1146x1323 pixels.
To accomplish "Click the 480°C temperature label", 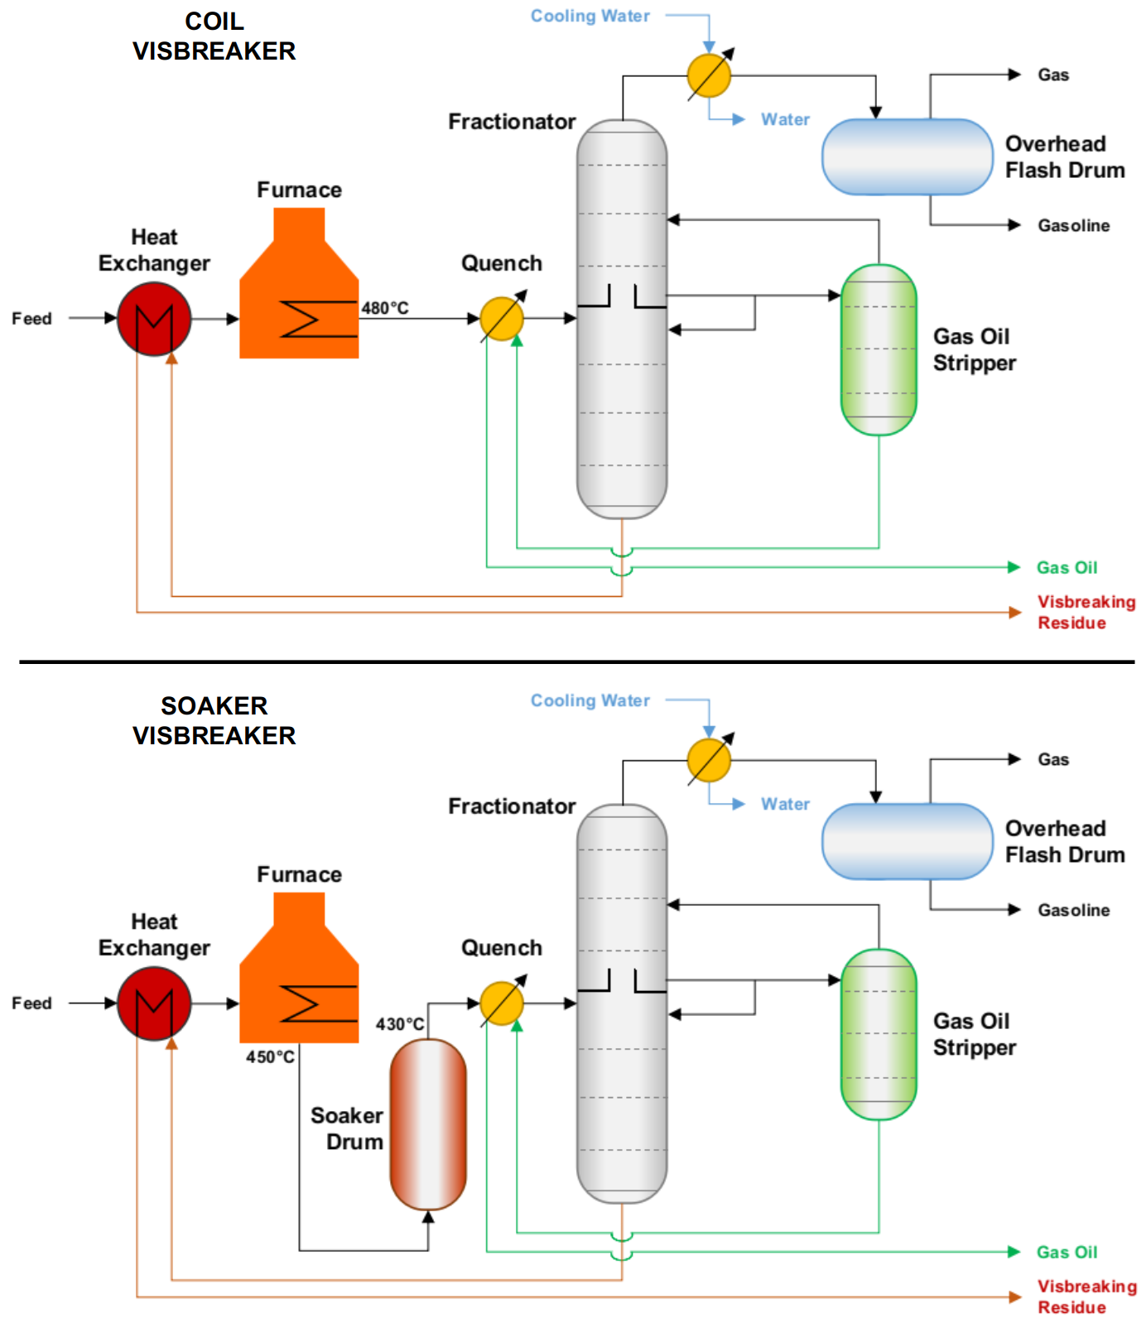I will (x=385, y=308).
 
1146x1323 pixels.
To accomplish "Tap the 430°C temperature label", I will (x=400, y=1024).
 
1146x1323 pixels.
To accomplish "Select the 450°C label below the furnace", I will (x=270, y=1057).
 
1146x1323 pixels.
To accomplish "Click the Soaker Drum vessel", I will (x=428, y=1123).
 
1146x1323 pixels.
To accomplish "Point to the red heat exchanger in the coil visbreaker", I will (x=154, y=319).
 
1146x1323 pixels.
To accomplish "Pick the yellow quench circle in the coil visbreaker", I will (x=502, y=319).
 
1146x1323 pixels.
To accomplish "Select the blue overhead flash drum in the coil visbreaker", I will (x=907, y=157).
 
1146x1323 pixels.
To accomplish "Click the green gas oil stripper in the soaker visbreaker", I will (x=879, y=1034).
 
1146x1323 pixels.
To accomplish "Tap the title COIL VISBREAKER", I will (x=214, y=36).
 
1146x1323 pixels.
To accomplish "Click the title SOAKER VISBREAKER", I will (x=214, y=721).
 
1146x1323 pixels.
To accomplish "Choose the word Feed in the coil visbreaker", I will (x=31, y=319).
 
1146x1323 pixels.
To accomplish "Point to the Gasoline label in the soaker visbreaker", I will (x=1073, y=910).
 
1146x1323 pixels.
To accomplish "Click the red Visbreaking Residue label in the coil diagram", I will (x=1086, y=613).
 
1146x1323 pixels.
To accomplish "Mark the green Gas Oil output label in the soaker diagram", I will (x=1067, y=1252).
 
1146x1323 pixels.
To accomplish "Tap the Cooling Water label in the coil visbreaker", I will (x=590, y=16).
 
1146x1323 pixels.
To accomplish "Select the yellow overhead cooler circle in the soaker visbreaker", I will (x=709, y=760).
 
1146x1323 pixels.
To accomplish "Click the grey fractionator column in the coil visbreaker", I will (x=622, y=319).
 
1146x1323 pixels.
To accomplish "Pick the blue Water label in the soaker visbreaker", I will (x=785, y=804).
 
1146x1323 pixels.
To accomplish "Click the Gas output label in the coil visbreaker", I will (x=1053, y=75).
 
